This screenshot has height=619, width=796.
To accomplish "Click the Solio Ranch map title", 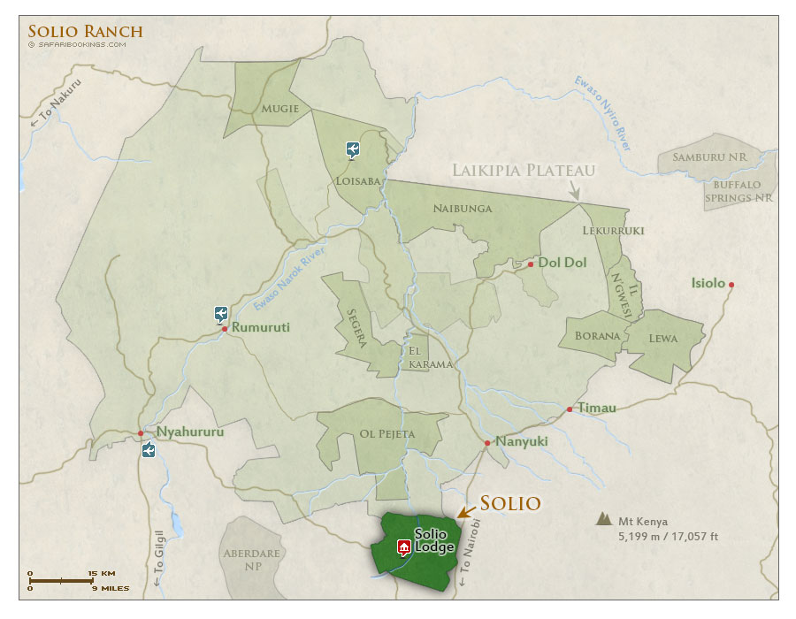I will tap(85, 32).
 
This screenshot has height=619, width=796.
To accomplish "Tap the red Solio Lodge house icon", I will tap(404, 546).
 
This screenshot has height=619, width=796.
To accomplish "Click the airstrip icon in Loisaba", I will tap(353, 149).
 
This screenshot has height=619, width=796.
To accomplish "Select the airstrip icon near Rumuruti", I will tap(221, 314).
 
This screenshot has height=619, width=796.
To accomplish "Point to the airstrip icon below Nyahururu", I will tap(149, 451).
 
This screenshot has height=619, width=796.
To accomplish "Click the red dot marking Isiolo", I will tap(731, 285).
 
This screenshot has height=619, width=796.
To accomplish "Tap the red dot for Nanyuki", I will tap(487, 443).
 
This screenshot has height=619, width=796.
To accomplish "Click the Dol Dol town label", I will tap(563, 263).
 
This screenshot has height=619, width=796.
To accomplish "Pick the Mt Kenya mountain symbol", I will tap(606, 520).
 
